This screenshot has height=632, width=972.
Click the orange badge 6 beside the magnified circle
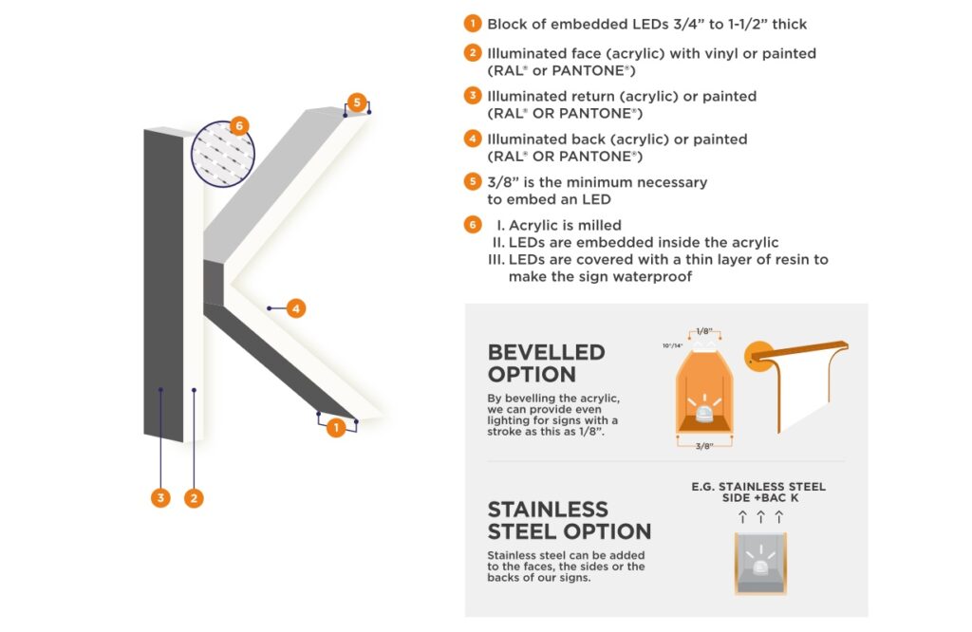coord(238,125)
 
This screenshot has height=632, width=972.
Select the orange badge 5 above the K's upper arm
coord(355,102)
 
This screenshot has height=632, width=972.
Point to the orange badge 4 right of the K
coord(296,308)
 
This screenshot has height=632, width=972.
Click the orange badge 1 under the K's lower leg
coord(335,428)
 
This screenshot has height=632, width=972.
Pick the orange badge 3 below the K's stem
coord(160,497)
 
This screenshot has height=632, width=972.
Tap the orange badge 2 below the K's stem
coord(194,497)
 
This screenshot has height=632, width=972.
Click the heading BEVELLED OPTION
coord(546,362)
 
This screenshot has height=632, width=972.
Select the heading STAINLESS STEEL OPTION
coord(569,520)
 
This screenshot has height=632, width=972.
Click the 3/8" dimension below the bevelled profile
coord(702,446)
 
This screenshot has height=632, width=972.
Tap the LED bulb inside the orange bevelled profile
coord(703,410)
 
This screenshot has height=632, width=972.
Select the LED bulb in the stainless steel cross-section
coord(759,567)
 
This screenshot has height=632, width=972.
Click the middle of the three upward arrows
coord(760,517)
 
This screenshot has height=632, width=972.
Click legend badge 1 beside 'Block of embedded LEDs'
coord(472,24)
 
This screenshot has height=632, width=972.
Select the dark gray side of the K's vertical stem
coord(163,285)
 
